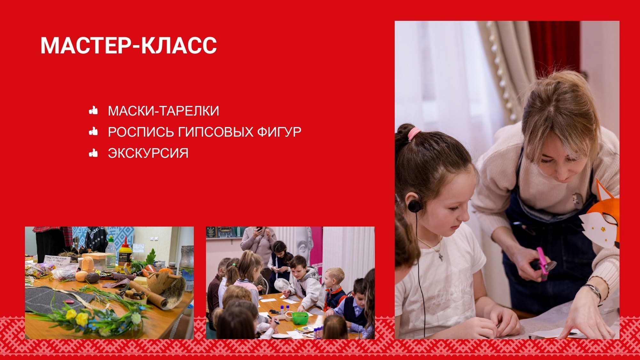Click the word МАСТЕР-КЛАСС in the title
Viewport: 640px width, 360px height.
pos(129,45)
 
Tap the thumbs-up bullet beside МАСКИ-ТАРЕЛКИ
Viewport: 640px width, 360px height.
pos(93,110)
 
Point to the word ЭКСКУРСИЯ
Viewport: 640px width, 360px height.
pos(148,153)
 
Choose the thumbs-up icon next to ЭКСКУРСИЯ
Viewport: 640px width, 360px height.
pos(93,153)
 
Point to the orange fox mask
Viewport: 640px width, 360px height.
pos(601,218)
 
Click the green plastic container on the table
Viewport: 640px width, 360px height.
pos(300,318)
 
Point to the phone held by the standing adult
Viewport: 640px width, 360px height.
pos(259,229)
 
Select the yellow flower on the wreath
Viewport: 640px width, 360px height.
pos(81,318)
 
